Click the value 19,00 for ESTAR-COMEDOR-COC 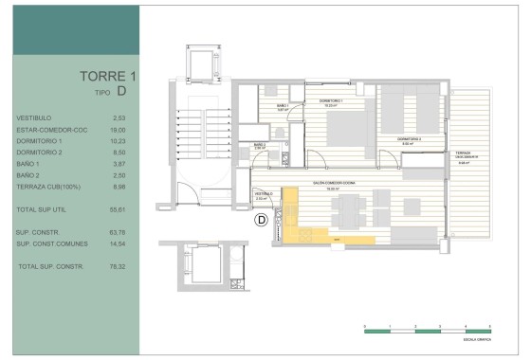[x=118, y=130]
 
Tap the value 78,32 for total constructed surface [x=118, y=266]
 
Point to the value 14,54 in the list [x=118, y=244]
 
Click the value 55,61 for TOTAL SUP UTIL [x=118, y=208]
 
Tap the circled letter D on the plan [x=262, y=220]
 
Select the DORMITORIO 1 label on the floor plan [x=330, y=101]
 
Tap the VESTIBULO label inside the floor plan [x=265, y=194]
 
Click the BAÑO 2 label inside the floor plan [x=258, y=145]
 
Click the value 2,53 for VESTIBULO [x=119, y=117]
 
